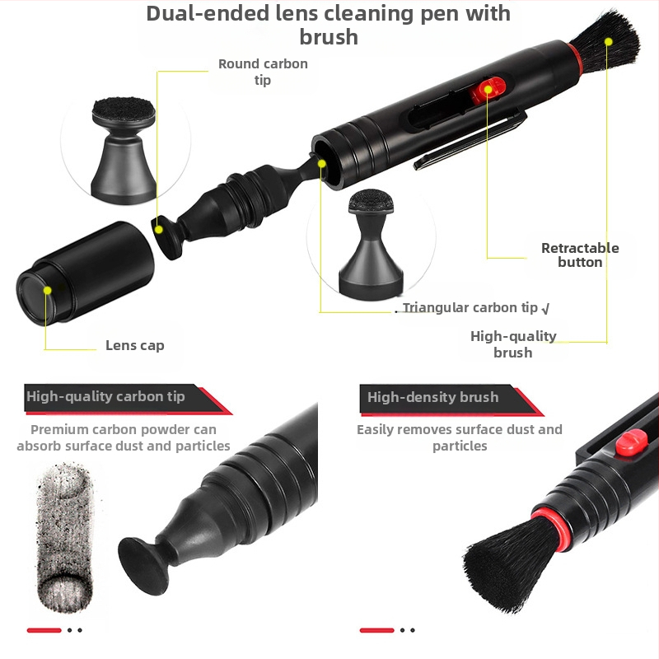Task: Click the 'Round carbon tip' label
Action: click(x=263, y=72)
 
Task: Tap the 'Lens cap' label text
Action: click(x=135, y=345)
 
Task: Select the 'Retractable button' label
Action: click(x=580, y=255)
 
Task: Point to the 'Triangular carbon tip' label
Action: click(x=470, y=307)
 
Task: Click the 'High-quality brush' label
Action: click(x=513, y=344)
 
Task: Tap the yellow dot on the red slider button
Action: click(x=488, y=90)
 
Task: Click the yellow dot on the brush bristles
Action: click(x=608, y=42)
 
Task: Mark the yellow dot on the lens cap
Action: click(x=48, y=291)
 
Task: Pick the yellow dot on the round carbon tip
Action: click(x=159, y=230)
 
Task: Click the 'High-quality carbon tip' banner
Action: click(x=126, y=398)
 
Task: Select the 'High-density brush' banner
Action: click(x=450, y=400)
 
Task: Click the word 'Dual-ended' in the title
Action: click(x=208, y=13)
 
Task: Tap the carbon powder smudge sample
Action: click(x=64, y=538)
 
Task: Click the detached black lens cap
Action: click(x=86, y=273)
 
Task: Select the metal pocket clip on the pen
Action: click(x=469, y=138)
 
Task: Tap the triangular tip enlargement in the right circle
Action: click(x=372, y=245)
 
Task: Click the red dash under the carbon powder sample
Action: click(x=44, y=630)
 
